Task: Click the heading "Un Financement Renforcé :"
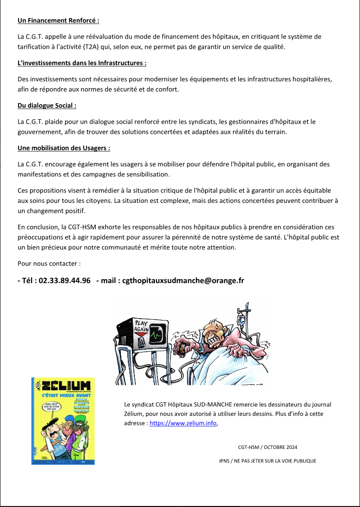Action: click(58, 21)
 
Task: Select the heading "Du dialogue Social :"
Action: click(47, 106)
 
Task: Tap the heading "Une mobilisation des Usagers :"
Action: click(64, 148)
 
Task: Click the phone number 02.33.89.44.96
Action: click(64, 281)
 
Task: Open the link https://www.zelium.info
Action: click(183, 423)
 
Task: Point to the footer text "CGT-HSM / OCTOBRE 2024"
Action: click(267, 447)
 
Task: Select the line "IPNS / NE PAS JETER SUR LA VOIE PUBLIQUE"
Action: click(268, 461)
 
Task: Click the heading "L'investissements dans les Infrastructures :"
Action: click(82, 63)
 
